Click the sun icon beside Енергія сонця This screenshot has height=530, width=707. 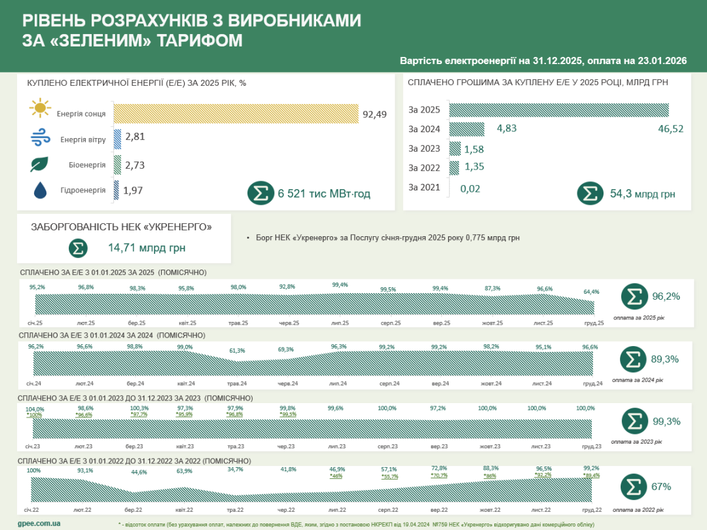point(40,108)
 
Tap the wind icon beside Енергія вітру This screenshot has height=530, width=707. point(40,138)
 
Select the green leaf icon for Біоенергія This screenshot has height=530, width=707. point(40,164)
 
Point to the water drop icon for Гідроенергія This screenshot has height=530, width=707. point(40,190)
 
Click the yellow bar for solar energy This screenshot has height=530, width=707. point(236,113)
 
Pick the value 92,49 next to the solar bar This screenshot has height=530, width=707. point(374,114)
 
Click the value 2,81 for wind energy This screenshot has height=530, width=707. point(134,137)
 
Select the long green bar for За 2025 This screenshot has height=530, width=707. point(559,109)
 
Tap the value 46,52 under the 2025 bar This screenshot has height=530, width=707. point(670,129)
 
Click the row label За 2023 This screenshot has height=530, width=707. point(424,149)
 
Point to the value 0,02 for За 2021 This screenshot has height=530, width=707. point(470,188)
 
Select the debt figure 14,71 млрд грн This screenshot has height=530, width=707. point(147,249)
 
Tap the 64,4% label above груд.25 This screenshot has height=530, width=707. point(591,292)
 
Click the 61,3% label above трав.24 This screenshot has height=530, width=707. point(236,350)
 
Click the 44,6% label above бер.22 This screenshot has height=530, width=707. point(139,472)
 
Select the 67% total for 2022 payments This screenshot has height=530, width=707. point(661,487)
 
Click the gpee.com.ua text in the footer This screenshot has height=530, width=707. point(39,523)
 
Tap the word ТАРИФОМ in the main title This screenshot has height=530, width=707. point(199,41)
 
